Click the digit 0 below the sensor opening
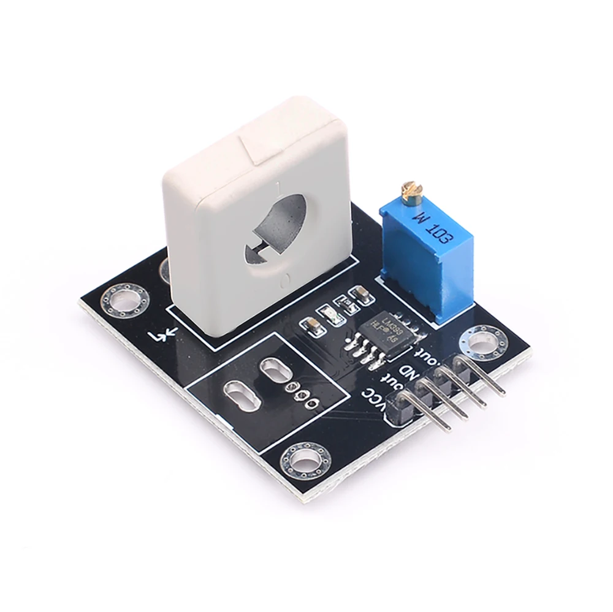[x=285, y=280]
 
